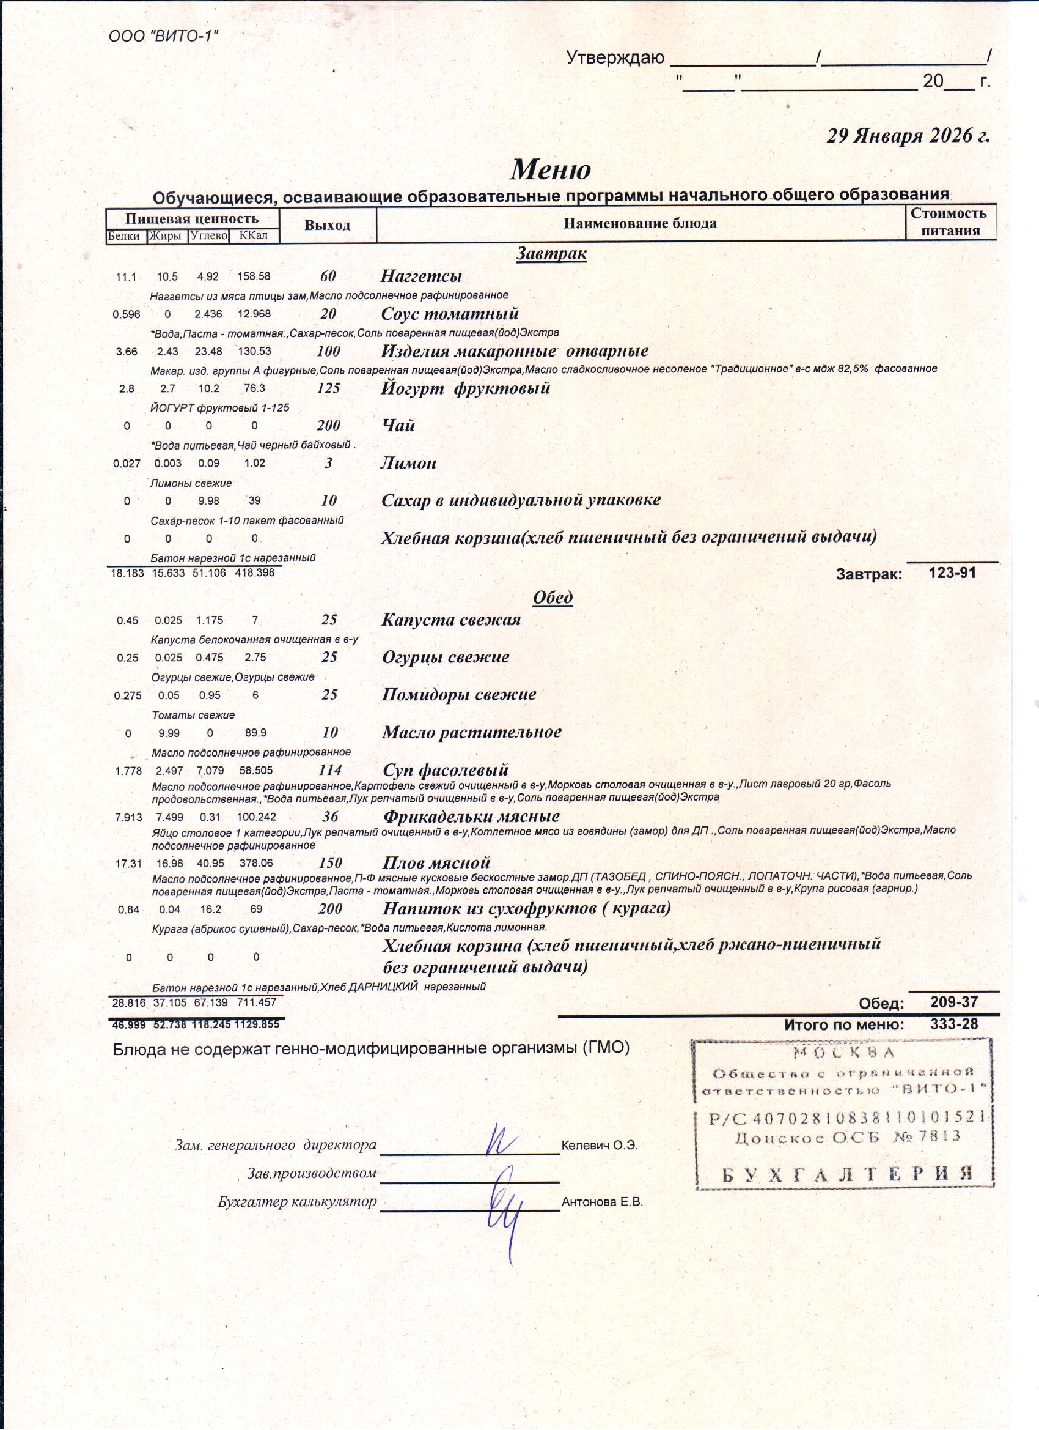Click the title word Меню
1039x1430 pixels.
pos(551,169)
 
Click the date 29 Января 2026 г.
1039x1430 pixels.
pos(908,136)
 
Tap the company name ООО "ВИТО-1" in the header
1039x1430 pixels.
pos(163,36)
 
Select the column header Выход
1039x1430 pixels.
pos(327,225)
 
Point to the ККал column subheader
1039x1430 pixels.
pos(254,236)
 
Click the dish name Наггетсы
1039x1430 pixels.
pos(421,276)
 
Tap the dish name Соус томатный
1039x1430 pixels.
pos(450,313)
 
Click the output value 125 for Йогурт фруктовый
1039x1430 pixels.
pos(328,388)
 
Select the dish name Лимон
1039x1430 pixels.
pos(408,463)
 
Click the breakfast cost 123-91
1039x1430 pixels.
pos(952,572)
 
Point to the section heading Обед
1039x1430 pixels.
pos(553,597)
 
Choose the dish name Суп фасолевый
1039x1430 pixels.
pos(446,770)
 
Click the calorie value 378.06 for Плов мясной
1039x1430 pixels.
pos(256,863)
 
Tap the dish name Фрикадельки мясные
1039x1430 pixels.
pos(471,817)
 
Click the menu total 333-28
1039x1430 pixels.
pos(954,1024)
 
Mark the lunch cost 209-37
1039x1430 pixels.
pos(954,1002)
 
